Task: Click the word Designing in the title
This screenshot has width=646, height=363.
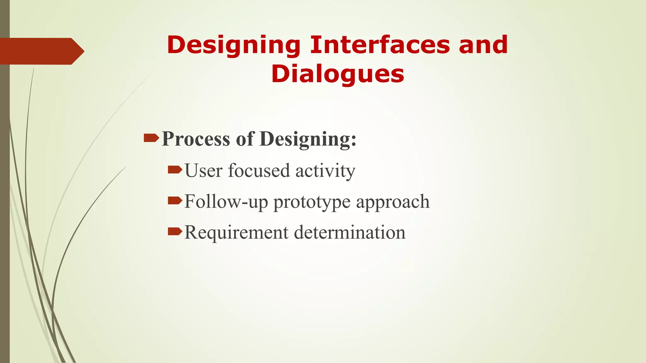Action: [233, 45]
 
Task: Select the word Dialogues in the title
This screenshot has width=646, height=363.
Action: [338, 74]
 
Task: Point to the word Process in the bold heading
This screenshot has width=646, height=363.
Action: [196, 139]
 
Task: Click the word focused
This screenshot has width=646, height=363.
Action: [259, 170]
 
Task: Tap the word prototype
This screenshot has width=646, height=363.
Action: [312, 202]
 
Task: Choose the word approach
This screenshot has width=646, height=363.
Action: [393, 202]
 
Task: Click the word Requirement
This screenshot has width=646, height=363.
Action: [236, 233]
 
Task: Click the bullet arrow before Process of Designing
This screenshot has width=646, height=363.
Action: [151, 138]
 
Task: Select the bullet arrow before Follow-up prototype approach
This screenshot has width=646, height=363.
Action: [175, 200]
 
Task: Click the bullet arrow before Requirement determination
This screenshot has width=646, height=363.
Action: [175, 232]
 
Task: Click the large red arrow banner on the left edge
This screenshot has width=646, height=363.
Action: [41, 51]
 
